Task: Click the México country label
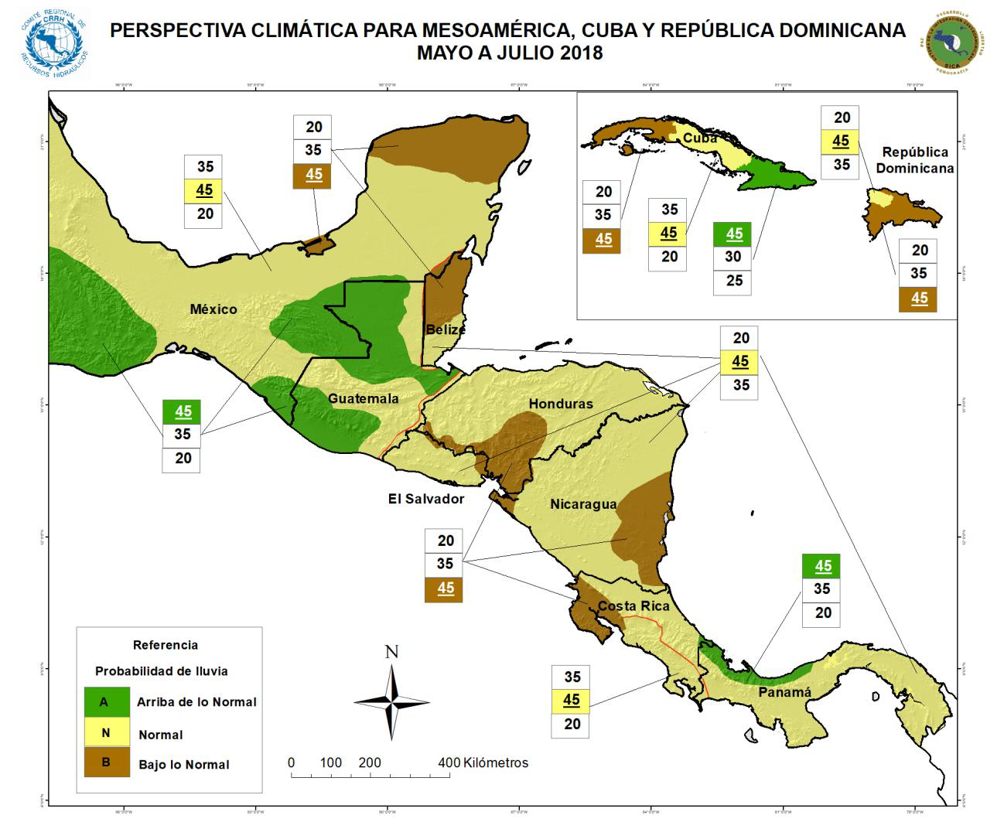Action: pos(213,309)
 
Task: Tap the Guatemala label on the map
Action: pos(364,398)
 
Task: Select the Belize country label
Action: pos(446,329)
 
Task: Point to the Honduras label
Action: pos(561,404)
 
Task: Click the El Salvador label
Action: pos(426,499)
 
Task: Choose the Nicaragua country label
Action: pos(583,504)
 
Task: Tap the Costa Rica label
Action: pos(633,606)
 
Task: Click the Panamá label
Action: pos(785,692)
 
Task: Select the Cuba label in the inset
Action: pos(699,138)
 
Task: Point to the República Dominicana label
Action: pos(915,160)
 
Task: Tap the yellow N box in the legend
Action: pos(105,733)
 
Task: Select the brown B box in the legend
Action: pos(105,762)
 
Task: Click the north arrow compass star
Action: pos(392,701)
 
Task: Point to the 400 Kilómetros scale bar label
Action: pos(483,762)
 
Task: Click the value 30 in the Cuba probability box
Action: pos(733,257)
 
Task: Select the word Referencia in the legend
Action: pos(166,645)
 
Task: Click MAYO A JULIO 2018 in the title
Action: pos(509,53)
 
